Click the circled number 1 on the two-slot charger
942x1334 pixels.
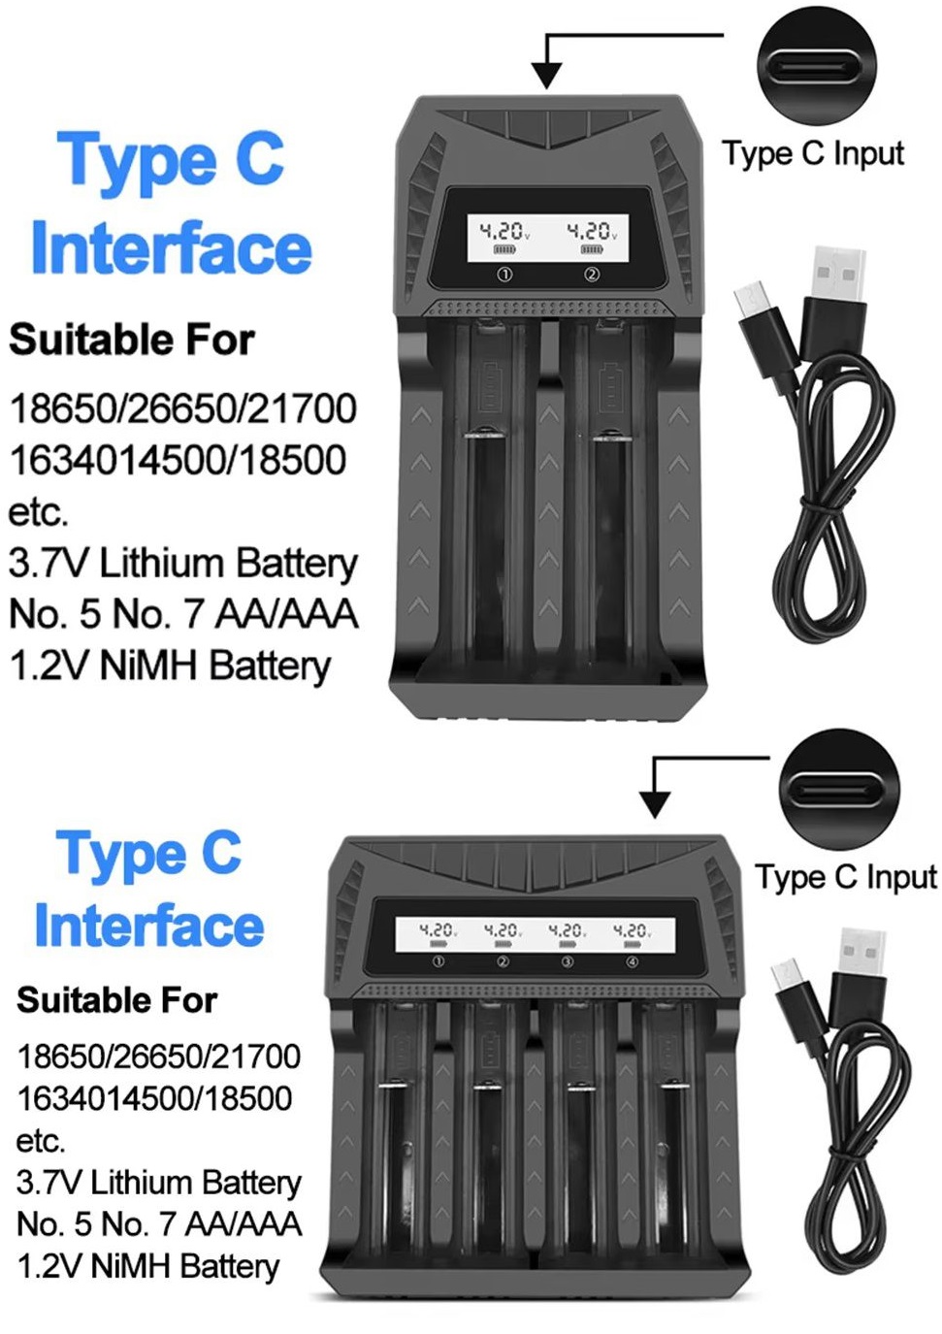click(x=504, y=275)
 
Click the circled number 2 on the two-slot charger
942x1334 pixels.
click(x=592, y=275)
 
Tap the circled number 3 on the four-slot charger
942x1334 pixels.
click(x=568, y=961)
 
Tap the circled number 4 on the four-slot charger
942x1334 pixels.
click(x=633, y=961)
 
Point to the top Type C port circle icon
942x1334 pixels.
click(x=817, y=65)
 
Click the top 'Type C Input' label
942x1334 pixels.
click(x=812, y=153)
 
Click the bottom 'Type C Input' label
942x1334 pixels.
click(x=845, y=877)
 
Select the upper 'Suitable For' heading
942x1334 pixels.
click(x=132, y=340)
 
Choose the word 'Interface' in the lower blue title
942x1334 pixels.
click(x=149, y=926)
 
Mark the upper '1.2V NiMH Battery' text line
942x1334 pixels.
click(x=170, y=666)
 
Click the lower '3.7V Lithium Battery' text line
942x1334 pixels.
click(x=159, y=1182)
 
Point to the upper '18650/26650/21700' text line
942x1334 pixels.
click(x=182, y=408)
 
